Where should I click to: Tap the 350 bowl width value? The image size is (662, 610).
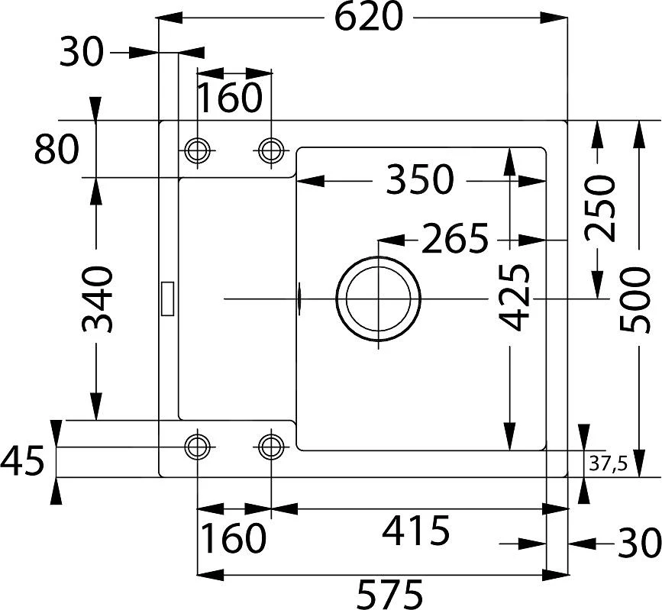[x=419, y=181]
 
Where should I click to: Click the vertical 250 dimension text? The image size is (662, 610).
[x=600, y=208]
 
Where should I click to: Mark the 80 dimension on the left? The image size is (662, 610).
[x=57, y=150]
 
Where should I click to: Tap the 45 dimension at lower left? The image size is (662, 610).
[x=22, y=462]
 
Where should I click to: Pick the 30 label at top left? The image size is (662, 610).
[x=81, y=53]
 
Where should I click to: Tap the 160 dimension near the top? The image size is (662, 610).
[x=230, y=97]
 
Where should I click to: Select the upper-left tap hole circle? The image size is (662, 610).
[x=198, y=150]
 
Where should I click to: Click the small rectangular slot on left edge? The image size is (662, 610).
[x=167, y=298]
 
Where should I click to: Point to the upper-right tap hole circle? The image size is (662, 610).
[x=270, y=150]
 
